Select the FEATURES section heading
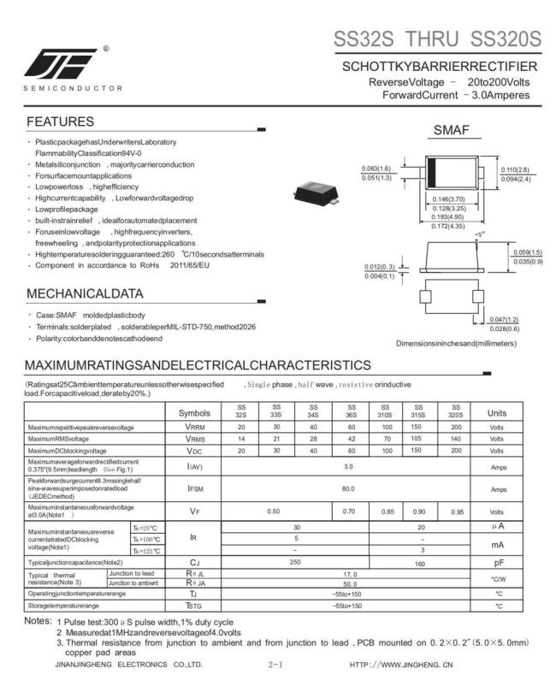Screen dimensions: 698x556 click(x=60, y=121)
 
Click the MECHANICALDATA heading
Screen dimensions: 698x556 click(x=85, y=293)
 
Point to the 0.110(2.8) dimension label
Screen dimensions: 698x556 click(x=515, y=170)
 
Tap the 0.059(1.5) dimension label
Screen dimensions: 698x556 click(x=526, y=251)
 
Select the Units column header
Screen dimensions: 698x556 click(x=497, y=412)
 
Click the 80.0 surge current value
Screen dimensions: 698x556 click(x=347, y=489)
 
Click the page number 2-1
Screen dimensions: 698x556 click(x=276, y=663)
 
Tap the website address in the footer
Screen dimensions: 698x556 click(x=401, y=663)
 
